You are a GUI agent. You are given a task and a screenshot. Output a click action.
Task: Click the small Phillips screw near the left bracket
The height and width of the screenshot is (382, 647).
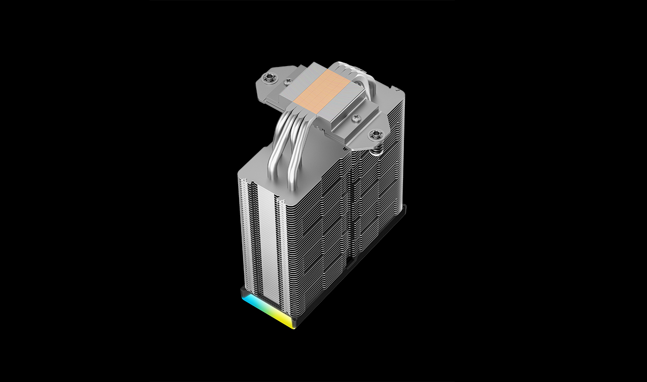pyautogui.click(x=288, y=82)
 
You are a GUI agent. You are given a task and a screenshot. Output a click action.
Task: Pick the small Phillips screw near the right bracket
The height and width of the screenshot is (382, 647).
pyautogui.click(x=356, y=118)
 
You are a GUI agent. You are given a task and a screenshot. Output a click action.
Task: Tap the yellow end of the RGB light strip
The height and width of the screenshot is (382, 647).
pyautogui.click(x=288, y=321)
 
